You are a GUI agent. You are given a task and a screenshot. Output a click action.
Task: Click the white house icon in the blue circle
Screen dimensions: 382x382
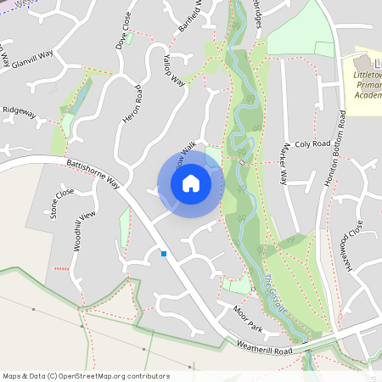tap(191, 183)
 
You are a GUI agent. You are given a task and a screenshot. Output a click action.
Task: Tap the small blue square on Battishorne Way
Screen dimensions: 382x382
tap(163, 253)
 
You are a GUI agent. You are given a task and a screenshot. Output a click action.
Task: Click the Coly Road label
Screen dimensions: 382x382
tap(311, 144)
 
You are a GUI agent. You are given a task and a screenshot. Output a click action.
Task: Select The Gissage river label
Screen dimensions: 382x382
tap(275, 294)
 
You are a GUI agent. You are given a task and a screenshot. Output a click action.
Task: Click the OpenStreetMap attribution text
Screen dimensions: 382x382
tap(86, 376)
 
